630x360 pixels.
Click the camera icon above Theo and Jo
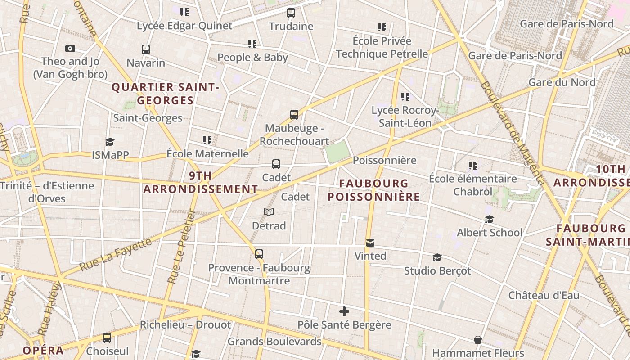(x=70, y=48)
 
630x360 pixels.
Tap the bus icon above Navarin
(x=145, y=49)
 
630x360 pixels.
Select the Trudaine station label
(x=291, y=26)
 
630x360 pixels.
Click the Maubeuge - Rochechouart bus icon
(x=294, y=115)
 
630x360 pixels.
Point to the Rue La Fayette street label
(x=116, y=254)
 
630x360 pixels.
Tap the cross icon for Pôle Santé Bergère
(x=344, y=311)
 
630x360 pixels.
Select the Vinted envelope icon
(x=370, y=243)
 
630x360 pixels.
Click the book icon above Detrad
(x=269, y=212)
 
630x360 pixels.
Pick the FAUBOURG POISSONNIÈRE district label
(x=373, y=190)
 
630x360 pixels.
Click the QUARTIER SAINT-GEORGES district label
(x=165, y=94)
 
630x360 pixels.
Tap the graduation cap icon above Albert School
(x=489, y=220)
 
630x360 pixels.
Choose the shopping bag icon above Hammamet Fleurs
(x=478, y=340)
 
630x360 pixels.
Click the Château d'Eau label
(x=544, y=296)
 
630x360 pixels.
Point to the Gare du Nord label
(x=562, y=82)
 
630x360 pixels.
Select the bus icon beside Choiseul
(x=107, y=338)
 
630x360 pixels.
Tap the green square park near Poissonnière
(x=337, y=152)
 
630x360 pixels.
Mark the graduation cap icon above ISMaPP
(x=110, y=142)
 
